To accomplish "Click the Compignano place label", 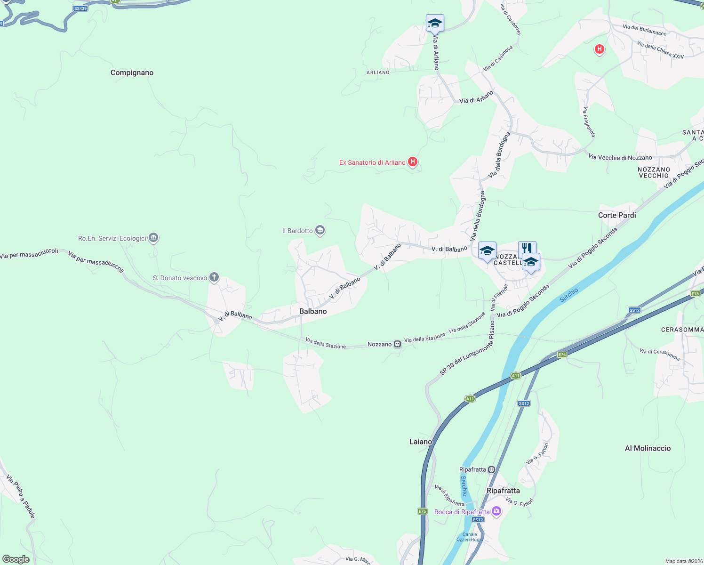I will [132, 73].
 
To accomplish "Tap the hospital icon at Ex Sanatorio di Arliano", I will [413, 162].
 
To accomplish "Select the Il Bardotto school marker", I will [320, 230].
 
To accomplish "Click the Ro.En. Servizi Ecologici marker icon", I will [153, 238].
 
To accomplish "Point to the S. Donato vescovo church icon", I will [214, 277].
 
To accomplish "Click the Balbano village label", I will [313, 311].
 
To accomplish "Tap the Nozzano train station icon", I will [398, 344].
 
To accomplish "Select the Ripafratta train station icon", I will [492, 469].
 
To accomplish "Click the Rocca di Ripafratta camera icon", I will [496, 511].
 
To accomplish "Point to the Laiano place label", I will [421, 442].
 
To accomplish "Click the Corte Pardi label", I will [617, 215].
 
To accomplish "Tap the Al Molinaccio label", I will [648, 448].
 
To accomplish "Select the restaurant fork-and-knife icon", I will [527, 248].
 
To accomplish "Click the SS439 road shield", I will [80, 8].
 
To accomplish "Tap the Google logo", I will [16, 559].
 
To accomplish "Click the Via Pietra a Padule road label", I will [21, 497].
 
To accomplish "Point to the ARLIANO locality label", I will [378, 73].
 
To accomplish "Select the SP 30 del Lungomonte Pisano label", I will [467, 348].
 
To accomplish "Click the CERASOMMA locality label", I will [682, 330].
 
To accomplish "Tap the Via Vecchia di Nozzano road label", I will [620, 157].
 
